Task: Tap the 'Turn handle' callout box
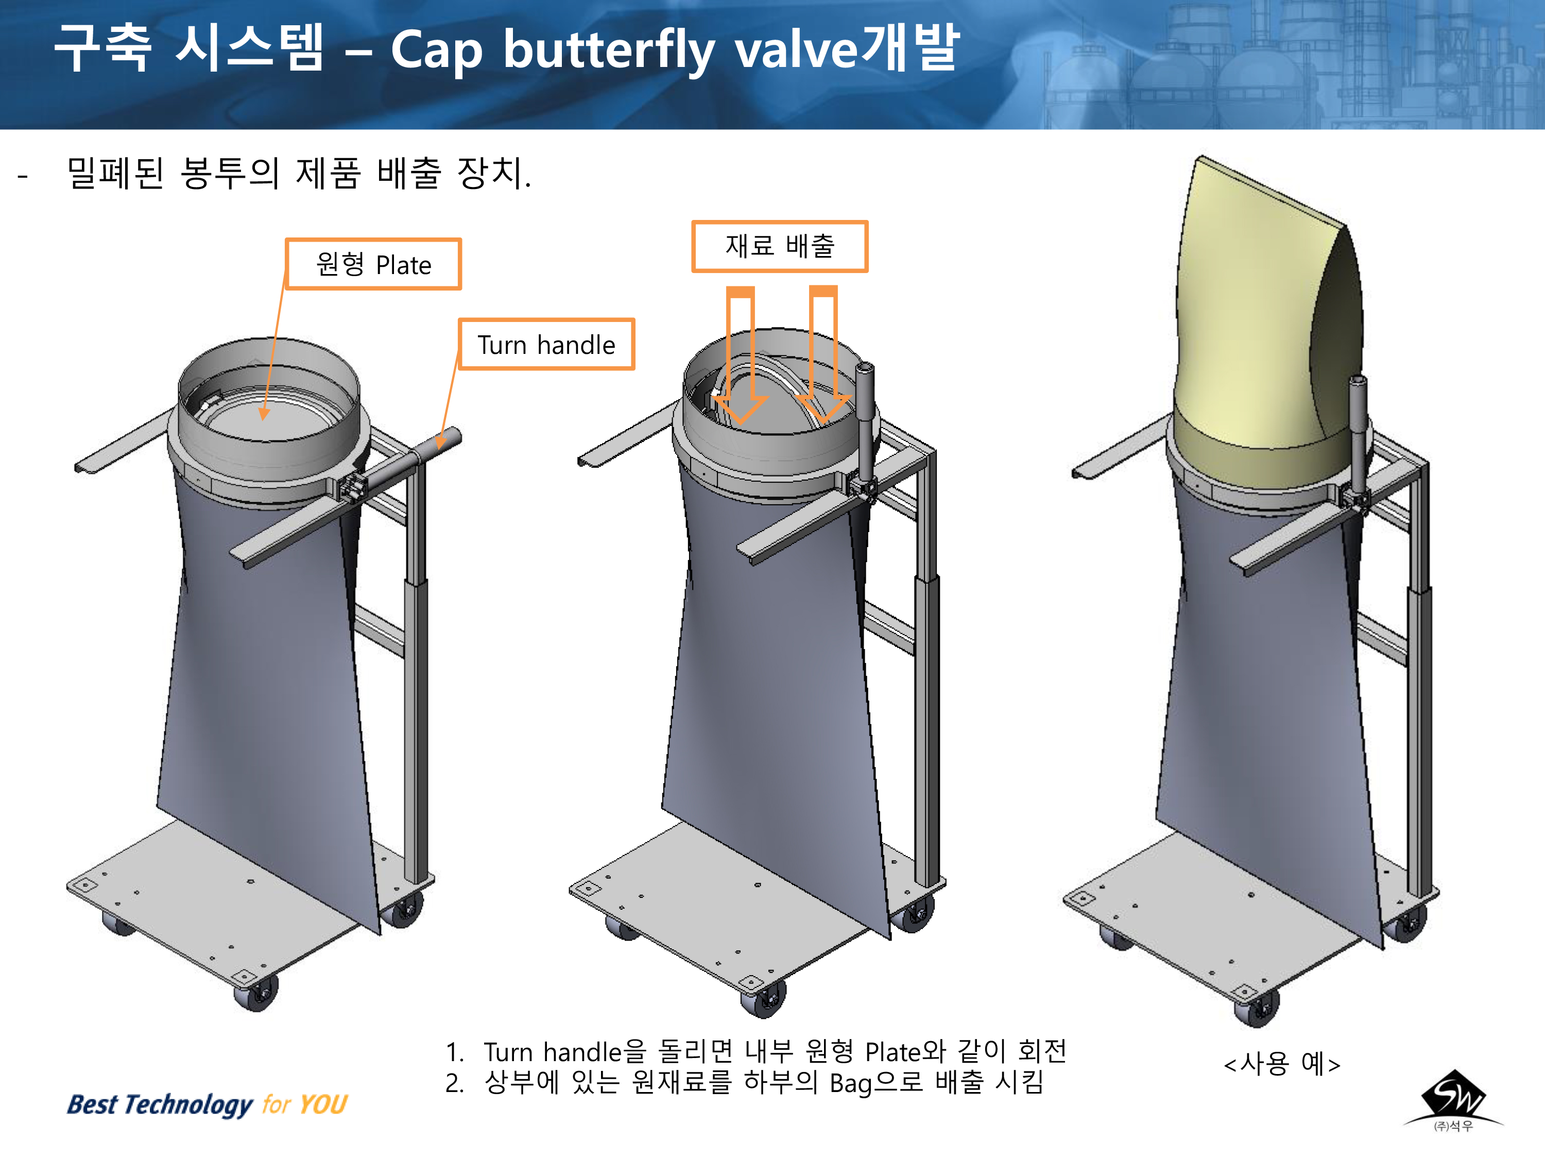[546, 345]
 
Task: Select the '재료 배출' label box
[780, 246]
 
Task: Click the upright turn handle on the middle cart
[866, 426]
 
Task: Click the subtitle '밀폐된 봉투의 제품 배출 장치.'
[299, 173]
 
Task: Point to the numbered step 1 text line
[756, 1051]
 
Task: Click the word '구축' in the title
[102, 47]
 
